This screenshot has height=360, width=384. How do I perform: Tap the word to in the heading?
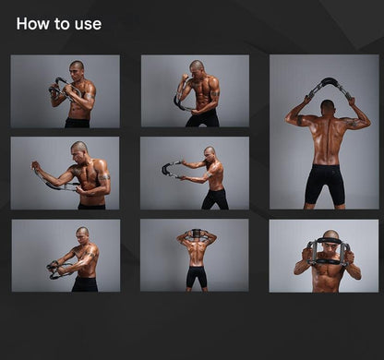tap(62, 24)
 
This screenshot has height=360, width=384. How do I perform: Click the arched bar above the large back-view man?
tap(329, 84)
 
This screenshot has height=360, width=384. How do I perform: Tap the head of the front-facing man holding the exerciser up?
tap(330, 239)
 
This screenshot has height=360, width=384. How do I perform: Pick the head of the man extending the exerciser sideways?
tap(210, 151)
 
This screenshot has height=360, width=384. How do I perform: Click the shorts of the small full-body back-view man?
tap(196, 276)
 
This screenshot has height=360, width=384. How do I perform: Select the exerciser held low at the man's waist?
tap(57, 269)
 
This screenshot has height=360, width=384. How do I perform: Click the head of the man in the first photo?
tap(77, 67)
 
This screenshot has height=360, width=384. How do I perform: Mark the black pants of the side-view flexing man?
tap(203, 117)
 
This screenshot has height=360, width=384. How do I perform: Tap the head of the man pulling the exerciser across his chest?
tap(81, 148)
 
